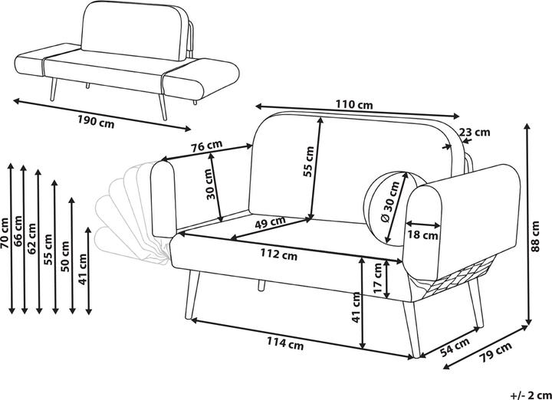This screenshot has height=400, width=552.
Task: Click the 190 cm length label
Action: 96,122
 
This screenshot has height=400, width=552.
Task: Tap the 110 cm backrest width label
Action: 353,104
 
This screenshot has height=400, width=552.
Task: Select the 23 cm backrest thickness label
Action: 475,133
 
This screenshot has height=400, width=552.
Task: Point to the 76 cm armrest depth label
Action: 207,146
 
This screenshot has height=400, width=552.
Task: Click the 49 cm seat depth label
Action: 270,222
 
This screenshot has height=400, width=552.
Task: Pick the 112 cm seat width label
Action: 279,254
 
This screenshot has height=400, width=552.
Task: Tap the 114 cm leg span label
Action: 284,343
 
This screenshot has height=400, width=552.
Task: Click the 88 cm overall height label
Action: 535,237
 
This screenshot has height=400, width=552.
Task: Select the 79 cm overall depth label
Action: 495,352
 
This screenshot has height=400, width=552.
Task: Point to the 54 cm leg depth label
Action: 455,347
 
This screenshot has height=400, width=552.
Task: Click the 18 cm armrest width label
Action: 422,234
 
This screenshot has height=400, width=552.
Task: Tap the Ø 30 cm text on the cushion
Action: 390,202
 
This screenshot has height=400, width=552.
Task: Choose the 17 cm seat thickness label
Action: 377,278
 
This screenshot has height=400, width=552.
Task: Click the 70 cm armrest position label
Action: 5,233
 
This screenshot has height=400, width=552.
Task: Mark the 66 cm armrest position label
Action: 18,231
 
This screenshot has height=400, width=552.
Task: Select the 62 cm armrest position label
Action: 31,238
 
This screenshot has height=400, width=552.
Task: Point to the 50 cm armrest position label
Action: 65,256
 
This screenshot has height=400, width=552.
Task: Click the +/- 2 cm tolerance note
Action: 531,395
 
